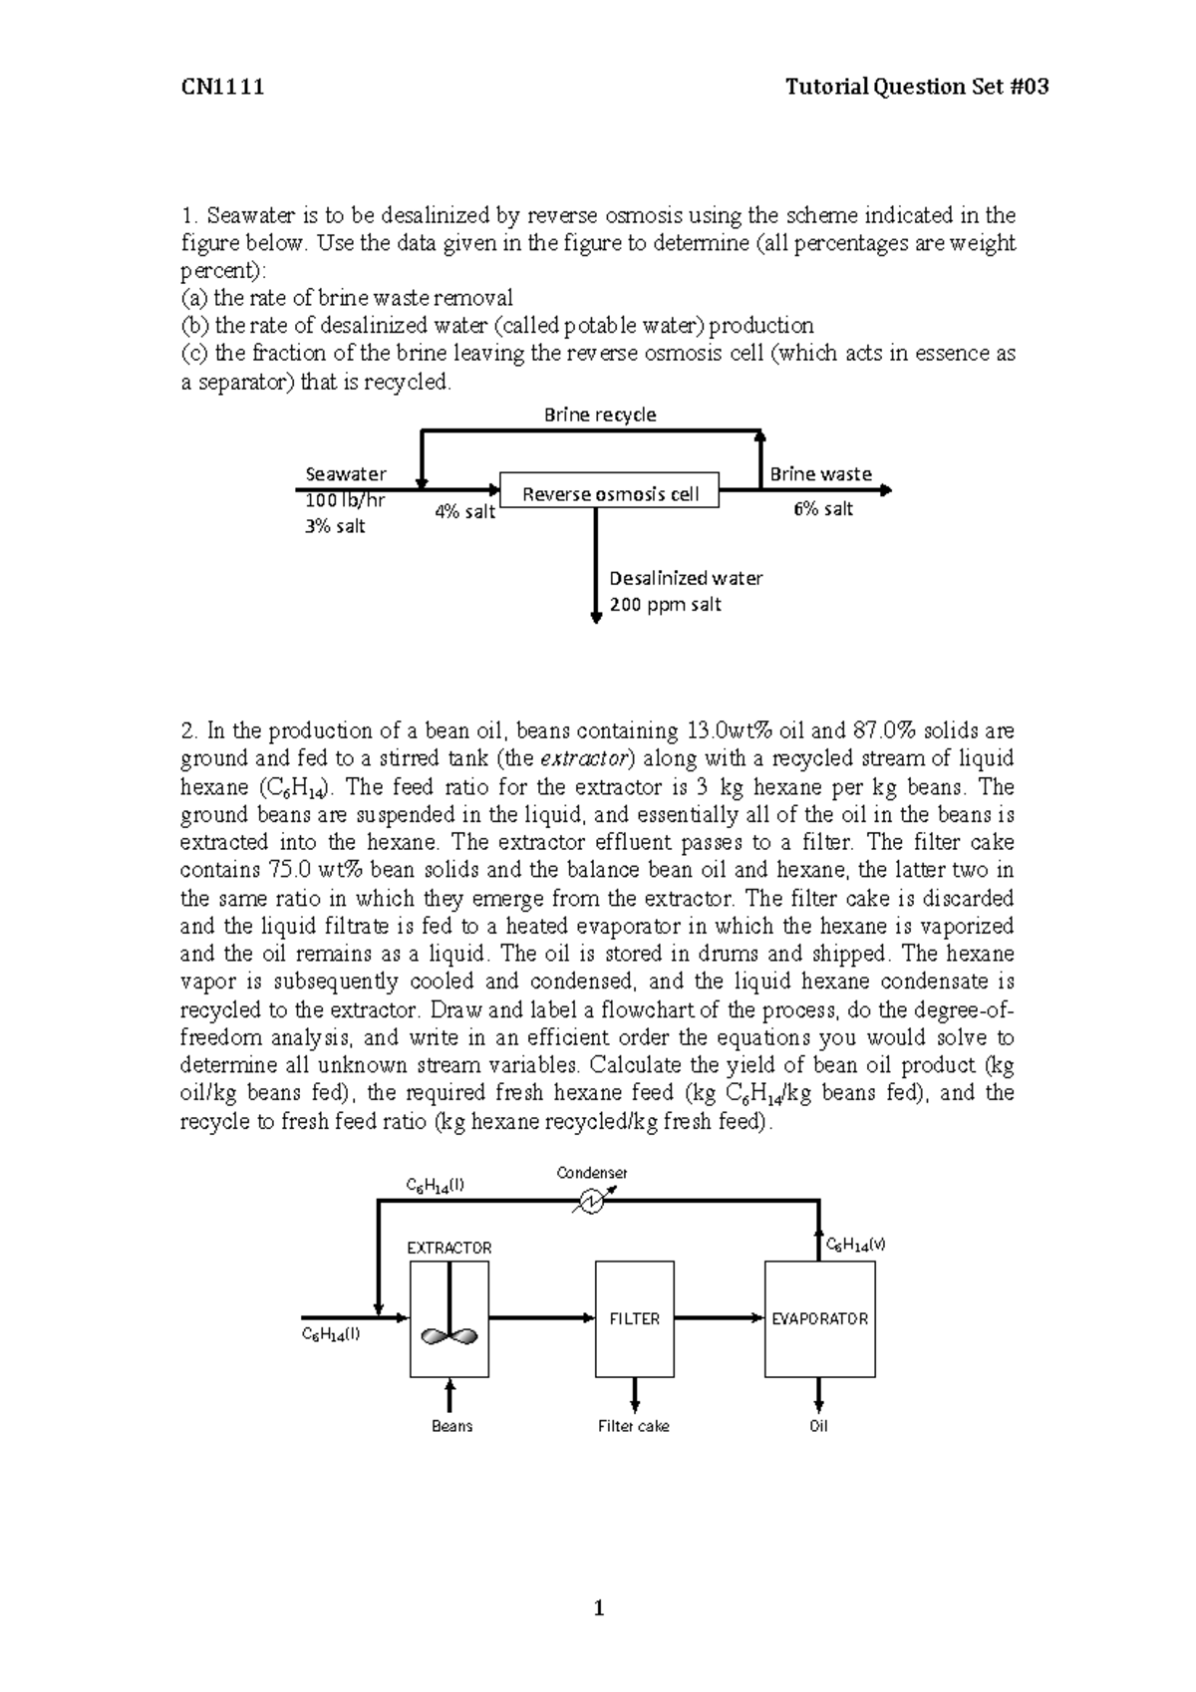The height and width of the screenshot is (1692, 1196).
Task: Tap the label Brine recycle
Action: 600,415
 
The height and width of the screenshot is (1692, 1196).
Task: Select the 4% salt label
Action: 465,513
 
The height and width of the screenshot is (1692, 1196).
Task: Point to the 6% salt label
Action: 823,509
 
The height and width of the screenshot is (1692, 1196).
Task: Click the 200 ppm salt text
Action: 665,605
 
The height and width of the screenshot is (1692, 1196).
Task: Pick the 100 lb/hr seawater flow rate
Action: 344,501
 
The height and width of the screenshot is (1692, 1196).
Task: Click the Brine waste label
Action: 820,474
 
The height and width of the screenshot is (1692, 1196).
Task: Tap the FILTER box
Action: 635,1318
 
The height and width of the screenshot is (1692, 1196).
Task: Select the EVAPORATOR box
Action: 819,1318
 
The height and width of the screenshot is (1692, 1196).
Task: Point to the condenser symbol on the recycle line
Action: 588,1203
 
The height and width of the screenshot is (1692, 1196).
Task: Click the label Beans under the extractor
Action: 451,1426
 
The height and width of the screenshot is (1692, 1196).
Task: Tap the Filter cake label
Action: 634,1426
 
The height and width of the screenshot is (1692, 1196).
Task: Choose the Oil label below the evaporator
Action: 818,1426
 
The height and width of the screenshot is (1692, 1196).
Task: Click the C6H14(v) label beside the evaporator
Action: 856,1246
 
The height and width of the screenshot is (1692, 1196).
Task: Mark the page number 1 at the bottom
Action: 599,1607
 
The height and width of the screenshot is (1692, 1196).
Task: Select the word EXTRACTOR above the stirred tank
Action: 449,1248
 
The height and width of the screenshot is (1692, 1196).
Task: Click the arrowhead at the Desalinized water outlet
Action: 596,618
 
